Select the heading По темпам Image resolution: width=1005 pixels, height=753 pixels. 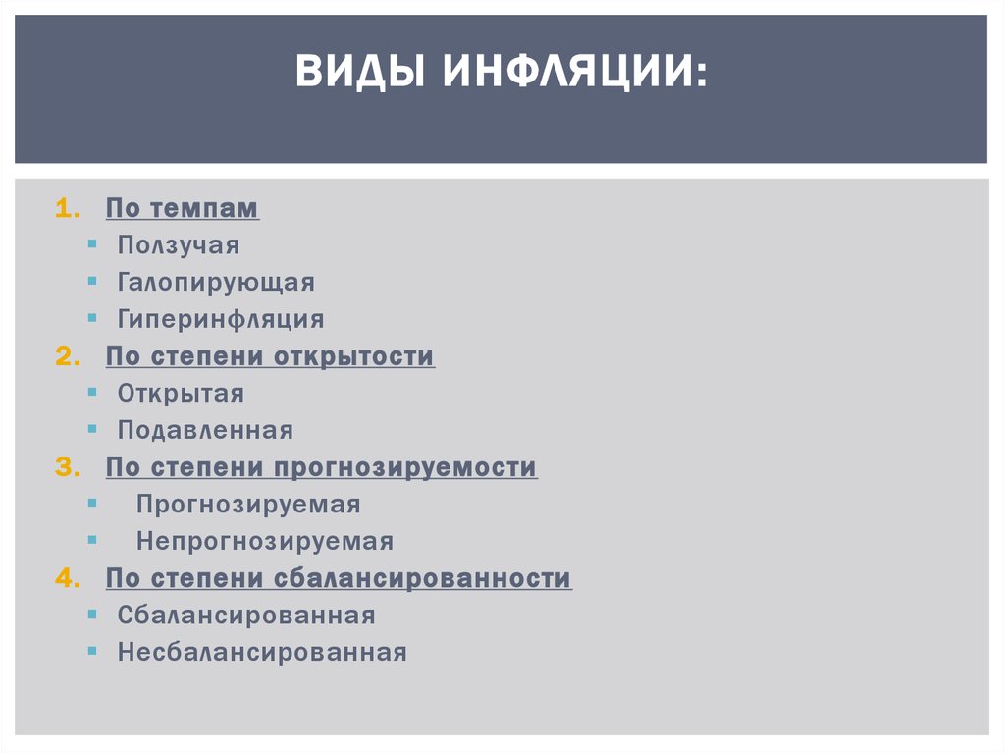click(183, 208)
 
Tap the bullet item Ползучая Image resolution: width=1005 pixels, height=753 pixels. click(179, 245)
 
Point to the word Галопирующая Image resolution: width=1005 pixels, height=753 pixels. click(216, 283)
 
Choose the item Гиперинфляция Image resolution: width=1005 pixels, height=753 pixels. click(221, 320)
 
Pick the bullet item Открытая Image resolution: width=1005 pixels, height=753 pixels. click(181, 394)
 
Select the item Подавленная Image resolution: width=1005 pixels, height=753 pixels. click(205, 431)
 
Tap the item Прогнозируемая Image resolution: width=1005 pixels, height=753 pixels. click(248, 505)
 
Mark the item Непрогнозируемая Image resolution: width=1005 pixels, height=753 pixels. click(265, 542)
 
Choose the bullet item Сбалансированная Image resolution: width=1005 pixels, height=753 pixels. click(246, 616)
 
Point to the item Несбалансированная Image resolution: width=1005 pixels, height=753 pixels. click(262, 653)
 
